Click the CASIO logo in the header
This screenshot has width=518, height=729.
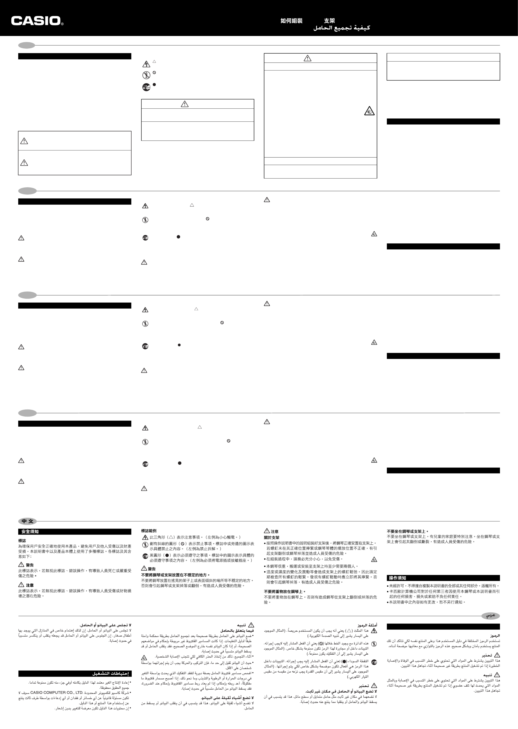point(37,21)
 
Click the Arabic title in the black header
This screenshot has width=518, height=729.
point(341,28)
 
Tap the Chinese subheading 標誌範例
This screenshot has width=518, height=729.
point(149,531)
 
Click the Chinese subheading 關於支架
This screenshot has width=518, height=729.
point(271,538)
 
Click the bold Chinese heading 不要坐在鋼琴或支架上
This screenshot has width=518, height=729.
point(407,531)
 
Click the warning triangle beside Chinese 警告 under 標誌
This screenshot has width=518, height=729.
point(21,565)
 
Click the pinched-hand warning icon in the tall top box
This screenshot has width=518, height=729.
point(369,111)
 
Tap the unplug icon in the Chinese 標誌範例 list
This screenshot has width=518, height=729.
point(145,556)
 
